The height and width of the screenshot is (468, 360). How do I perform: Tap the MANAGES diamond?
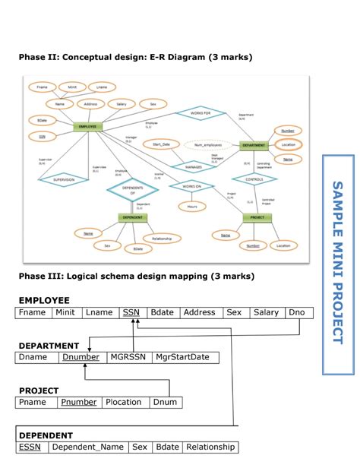click(189, 165)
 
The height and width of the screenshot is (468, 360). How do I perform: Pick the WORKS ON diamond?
click(188, 185)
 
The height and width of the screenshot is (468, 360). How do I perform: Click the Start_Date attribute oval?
click(161, 144)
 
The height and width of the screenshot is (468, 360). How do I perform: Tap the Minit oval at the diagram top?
click(72, 87)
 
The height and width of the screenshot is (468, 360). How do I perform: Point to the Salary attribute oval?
click(120, 103)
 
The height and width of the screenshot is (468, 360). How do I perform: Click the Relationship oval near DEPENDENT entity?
click(161, 239)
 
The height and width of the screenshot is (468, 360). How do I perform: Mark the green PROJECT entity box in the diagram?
click(257, 217)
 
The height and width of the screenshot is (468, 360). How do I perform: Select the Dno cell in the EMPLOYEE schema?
click(296, 312)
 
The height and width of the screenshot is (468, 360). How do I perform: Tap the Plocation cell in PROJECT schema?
click(123, 402)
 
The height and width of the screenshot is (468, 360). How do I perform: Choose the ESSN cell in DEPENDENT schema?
click(30, 447)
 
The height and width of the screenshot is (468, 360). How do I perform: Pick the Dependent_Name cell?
click(87, 447)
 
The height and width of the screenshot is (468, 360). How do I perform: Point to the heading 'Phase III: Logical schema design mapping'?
click(136, 276)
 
